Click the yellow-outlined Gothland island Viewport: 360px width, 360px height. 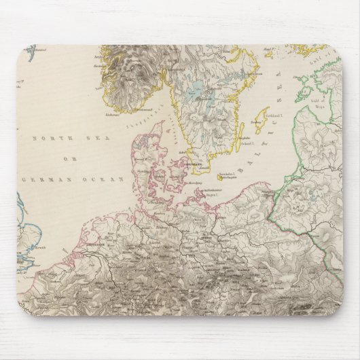pos(256,127)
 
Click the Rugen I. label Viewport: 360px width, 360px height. pos(206,198)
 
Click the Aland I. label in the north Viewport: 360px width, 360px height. pos(270,50)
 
